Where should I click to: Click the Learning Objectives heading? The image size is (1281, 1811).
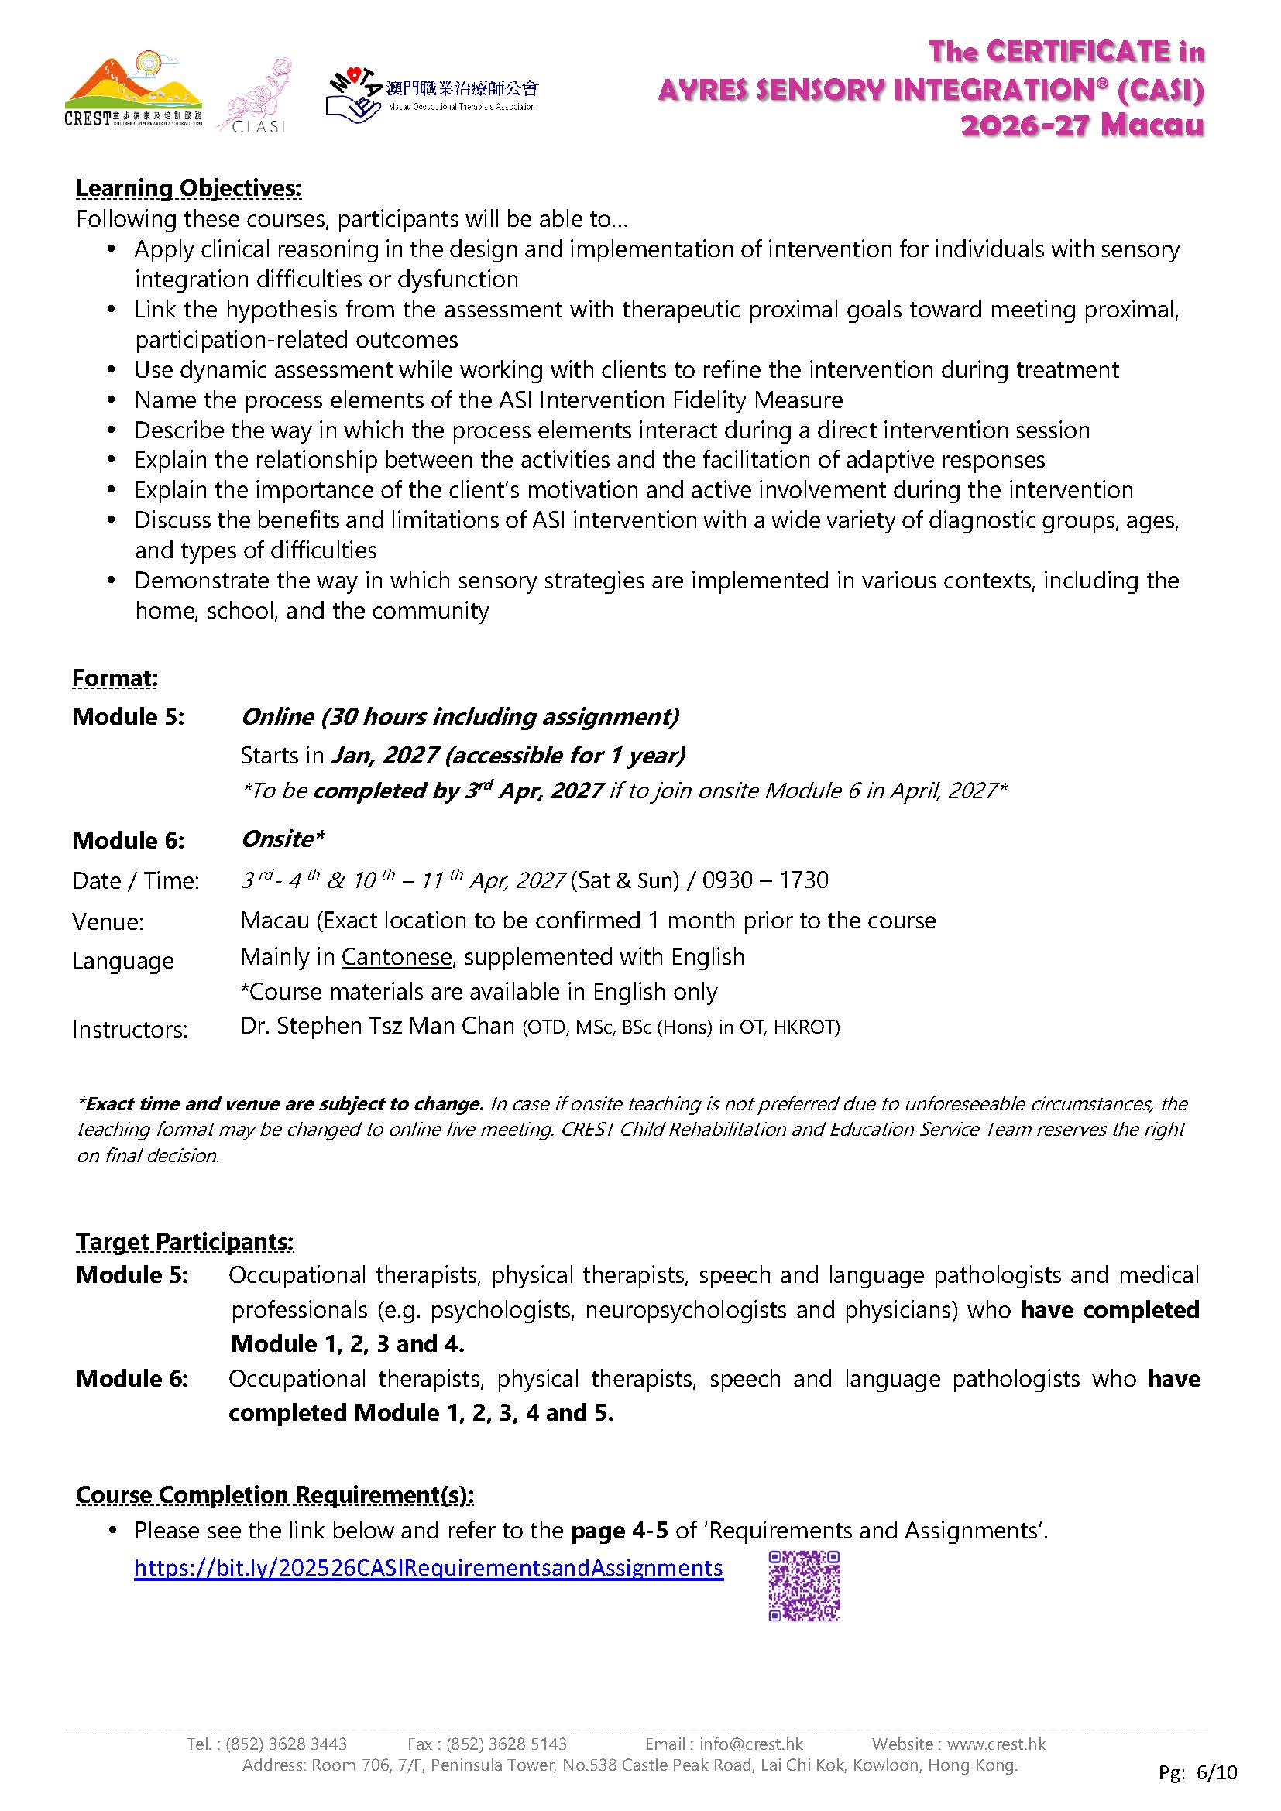click(188, 188)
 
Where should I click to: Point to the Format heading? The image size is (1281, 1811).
click(115, 677)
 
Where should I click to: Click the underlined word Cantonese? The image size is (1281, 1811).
click(397, 957)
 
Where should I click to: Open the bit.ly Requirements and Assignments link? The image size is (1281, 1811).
click(428, 1567)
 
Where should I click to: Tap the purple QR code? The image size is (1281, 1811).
click(804, 1586)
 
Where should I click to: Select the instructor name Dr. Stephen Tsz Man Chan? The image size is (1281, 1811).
click(377, 1025)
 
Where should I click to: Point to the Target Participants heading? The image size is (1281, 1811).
click(184, 1241)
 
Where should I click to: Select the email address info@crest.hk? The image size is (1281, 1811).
click(750, 1743)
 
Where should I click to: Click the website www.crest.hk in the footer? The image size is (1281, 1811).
click(996, 1743)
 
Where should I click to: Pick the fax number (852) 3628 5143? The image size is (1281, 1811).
click(507, 1743)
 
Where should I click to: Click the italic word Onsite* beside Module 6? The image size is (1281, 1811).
click(283, 839)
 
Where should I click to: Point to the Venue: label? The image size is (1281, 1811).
click(108, 921)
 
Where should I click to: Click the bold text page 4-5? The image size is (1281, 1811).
click(620, 1531)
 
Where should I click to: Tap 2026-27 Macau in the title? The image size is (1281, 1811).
click(1082, 125)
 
